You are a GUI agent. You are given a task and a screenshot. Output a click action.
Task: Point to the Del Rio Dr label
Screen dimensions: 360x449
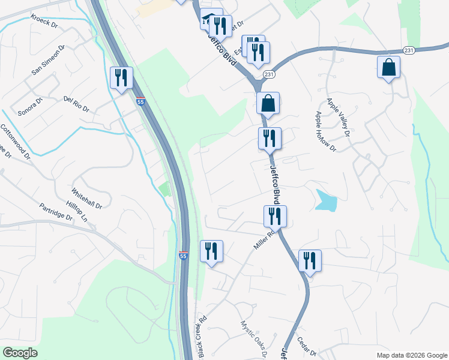coord(76,105)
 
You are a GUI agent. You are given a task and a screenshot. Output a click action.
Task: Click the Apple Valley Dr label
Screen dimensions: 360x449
coord(337,114)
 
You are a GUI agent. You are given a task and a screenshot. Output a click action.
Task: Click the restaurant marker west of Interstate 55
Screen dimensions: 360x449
coord(122,78)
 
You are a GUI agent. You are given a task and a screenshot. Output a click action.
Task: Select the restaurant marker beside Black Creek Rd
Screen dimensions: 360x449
coord(211,251)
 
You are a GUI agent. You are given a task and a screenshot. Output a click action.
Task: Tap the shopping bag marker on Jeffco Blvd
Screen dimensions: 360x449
coord(268,103)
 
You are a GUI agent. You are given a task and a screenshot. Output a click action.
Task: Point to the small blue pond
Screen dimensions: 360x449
coord(325,201)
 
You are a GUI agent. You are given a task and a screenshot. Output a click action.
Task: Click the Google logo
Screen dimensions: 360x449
coord(20,352)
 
